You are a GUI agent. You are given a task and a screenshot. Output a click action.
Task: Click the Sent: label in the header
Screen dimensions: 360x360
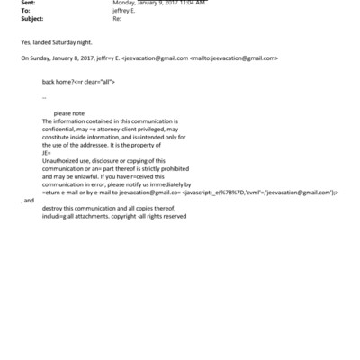point(28,3)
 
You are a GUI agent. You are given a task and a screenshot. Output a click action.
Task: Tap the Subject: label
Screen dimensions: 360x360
point(31,17)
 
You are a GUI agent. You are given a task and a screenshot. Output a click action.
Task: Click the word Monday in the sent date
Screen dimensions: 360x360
point(125,3)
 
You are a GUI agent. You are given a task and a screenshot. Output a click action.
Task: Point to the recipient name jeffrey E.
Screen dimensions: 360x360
point(125,10)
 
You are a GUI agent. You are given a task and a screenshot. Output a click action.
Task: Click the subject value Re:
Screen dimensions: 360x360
point(116,17)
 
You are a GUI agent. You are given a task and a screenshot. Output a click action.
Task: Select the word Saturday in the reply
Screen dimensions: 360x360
point(73,41)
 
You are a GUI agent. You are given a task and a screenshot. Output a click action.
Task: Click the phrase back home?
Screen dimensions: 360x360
point(59,81)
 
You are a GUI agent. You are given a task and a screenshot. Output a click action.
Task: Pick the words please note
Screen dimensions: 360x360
point(69,113)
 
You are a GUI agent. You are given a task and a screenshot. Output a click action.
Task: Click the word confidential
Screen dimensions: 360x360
point(61,128)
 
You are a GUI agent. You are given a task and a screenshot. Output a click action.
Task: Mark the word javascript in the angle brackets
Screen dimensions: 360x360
point(200,192)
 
